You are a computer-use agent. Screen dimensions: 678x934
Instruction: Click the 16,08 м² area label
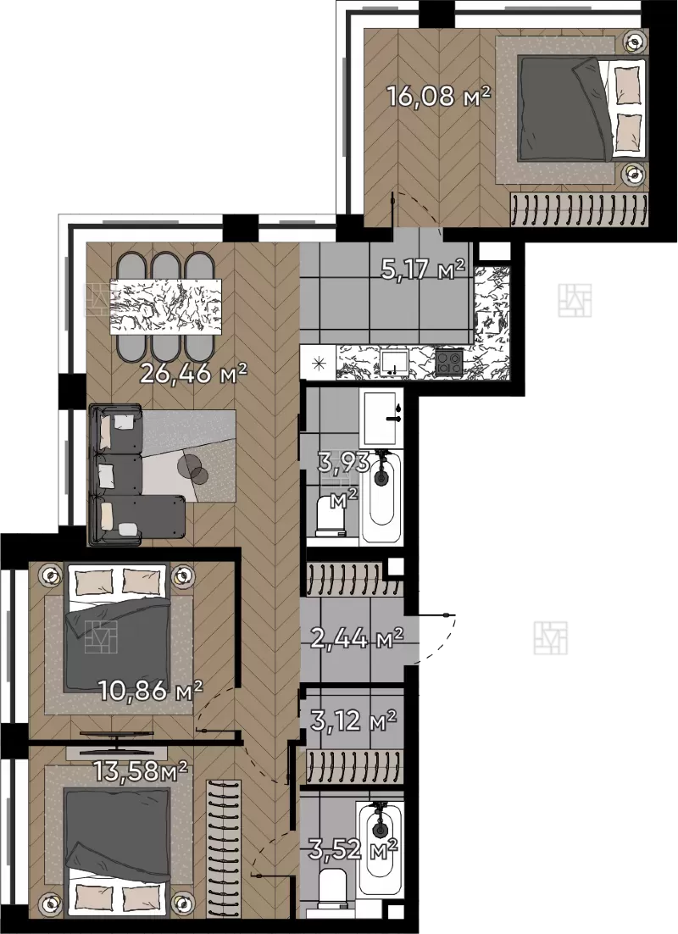point(438,95)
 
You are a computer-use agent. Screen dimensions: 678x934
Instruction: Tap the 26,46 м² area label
point(193,374)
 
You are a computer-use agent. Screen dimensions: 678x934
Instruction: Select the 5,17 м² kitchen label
point(422,270)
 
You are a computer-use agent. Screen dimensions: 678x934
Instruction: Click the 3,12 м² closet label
point(353,720)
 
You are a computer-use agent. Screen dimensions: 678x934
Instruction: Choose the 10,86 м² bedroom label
point(151,691)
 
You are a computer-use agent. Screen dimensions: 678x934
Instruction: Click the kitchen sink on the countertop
point(394,362)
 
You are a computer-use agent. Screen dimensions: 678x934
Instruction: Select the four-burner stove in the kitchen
point(449,361)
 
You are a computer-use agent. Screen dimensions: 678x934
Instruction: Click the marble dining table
point(166,308)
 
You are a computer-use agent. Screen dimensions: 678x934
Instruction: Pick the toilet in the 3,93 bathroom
point(331,514)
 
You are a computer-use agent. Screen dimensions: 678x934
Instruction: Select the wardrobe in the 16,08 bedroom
point(579,209)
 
